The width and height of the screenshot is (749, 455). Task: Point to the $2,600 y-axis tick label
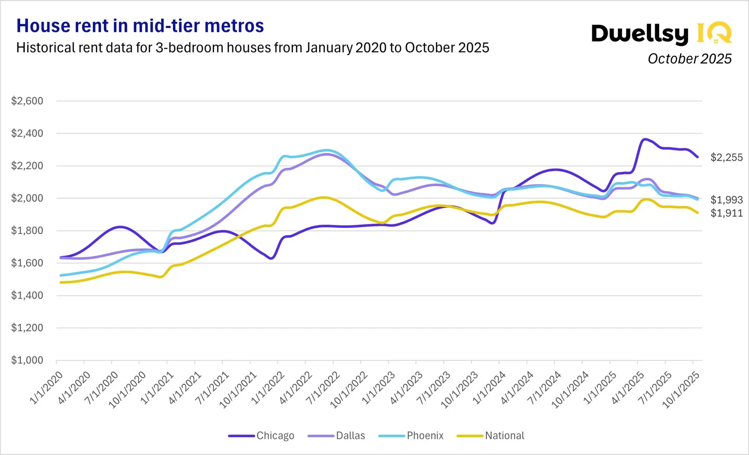(27, 101)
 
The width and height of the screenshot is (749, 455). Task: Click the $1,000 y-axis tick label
(27, 360)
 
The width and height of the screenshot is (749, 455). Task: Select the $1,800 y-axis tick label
(27, 230)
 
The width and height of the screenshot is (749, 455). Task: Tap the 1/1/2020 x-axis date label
(46, 387)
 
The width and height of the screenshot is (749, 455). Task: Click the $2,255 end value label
(726, 158)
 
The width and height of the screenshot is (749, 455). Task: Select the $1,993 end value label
(726, 200)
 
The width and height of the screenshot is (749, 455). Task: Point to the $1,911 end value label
(726, 213)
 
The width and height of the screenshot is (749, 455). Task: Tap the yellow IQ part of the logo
(714, 33)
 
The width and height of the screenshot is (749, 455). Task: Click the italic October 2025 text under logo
(689, 59)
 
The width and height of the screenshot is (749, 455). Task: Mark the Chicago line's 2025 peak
(645, 139)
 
